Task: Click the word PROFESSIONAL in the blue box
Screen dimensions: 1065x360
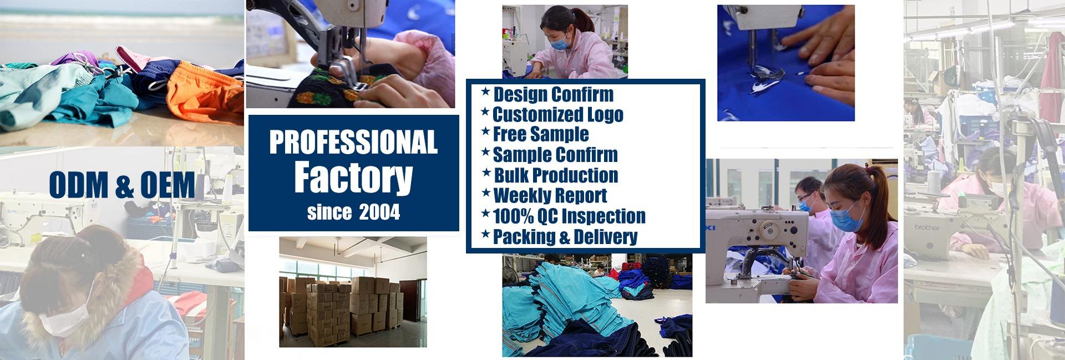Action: point(353,142)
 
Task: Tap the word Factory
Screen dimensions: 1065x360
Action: point(353,176)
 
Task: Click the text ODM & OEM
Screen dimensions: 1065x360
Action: point(122,185)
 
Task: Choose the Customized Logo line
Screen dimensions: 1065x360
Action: point(552,114)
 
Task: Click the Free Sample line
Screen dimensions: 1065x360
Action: point(535,134)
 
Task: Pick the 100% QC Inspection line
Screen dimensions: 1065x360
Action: point(563,216)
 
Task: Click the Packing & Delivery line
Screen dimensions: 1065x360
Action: point(559,236)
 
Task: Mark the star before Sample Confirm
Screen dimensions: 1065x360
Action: point(485,151)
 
